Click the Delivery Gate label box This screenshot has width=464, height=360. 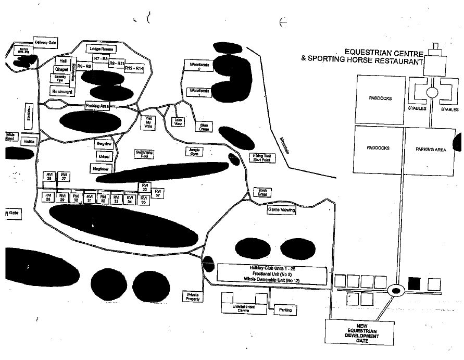pos(45,42)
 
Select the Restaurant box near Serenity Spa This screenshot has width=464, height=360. pos(62,92)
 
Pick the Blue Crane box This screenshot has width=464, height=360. pos(204,127)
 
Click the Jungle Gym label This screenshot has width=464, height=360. pos(194,151)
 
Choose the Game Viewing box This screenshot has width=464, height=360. pos(281,210)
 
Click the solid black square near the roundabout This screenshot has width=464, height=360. pos(414,283)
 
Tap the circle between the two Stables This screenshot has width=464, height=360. pos(432,93)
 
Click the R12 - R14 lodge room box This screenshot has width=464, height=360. pos(134,68)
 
